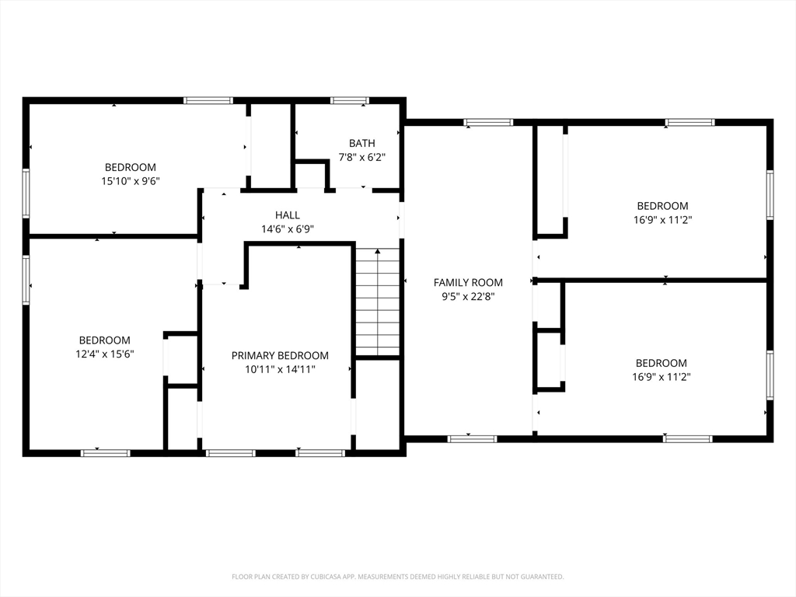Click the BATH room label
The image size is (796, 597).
pos(362,143)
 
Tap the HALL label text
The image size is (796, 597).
pos(288,215)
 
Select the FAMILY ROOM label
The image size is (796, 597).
pos(468,282)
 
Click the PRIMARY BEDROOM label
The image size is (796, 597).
pos(280,355)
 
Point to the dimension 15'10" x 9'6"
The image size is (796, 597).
pos(131,180)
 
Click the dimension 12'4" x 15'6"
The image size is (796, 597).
pos(105,354)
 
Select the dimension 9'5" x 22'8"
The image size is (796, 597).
pos(468,296)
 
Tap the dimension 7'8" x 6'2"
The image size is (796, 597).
pos(362,157)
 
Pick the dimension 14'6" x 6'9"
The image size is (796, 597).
pos(288,229)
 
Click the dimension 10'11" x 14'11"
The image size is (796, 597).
pos(280,369)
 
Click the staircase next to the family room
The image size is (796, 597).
pos(377,302)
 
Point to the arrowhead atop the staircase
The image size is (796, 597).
pos(377,251)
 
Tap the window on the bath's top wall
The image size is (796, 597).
pos(350,100)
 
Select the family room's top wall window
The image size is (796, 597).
pos(488,122)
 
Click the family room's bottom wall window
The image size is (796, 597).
pos(472,439)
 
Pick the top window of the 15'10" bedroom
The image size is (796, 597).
pos(208,100)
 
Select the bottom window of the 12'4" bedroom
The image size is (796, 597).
pos(106,453)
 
